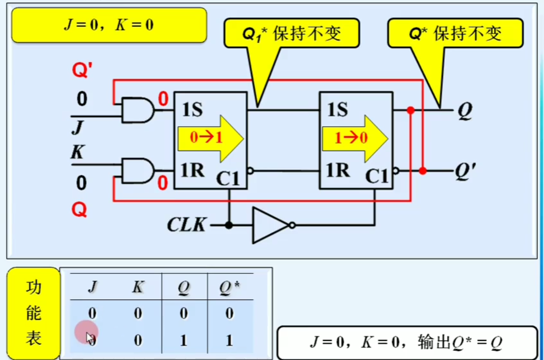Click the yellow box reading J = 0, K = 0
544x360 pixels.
(x=109, y=25)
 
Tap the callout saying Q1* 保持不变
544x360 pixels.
(x=291, y=34)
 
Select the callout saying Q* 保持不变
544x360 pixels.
(x=455, y=34)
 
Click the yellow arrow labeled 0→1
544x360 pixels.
(x=209, y=138)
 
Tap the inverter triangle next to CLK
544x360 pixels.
(x=270, y=225)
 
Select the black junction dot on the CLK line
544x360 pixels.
(x=229, y=225)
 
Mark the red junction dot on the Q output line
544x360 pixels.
(x=411, y=110)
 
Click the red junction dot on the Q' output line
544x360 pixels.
(x=423, y=171)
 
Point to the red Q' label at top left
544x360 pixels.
(x=82, y=70)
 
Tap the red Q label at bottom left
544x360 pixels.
(x=79, y=210)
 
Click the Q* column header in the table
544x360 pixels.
(x=229, y=287)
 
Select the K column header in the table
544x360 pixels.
(x=138, y=287)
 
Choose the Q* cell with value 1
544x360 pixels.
(x=229, y=340)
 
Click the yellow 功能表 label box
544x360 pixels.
(x=34, y=313)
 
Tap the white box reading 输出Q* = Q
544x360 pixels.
(x=407, y=342)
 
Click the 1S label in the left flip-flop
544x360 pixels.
(x=192, y=110)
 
